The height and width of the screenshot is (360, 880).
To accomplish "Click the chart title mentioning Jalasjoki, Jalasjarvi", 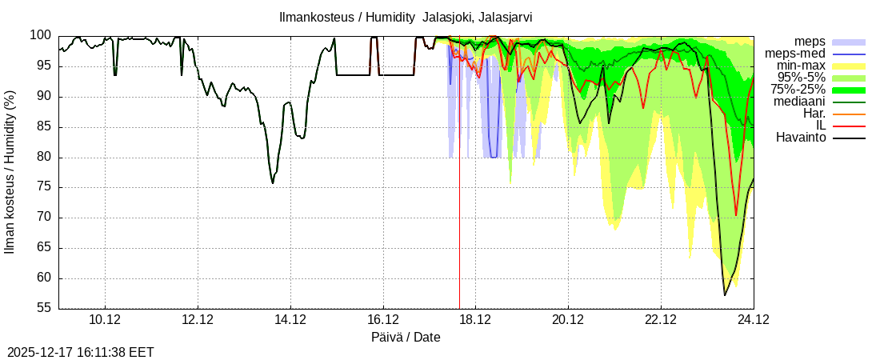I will (x=406, y=17).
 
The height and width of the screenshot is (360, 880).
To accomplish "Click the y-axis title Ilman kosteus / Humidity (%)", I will (x=10, y=172).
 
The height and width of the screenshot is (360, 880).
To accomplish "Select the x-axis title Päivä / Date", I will (x=406, y=337).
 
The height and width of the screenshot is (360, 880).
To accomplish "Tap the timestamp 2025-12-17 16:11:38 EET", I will (x=81, y=352).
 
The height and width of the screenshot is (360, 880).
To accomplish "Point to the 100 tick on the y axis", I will (x=42, y=35).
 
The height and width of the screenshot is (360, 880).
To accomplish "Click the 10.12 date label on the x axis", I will (x=106, y=320).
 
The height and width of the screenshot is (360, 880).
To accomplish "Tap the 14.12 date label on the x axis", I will (x=290, y=320).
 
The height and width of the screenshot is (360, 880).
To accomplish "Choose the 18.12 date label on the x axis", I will (x=475, y=320).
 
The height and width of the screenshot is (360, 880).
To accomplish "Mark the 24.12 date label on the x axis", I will (x=753, y=320).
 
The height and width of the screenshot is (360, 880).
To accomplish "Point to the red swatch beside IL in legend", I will (x=849, y=126).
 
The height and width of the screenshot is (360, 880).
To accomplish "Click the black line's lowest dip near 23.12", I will (x=725, y=295).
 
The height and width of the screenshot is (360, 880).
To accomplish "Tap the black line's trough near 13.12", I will (x=273, y=183).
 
